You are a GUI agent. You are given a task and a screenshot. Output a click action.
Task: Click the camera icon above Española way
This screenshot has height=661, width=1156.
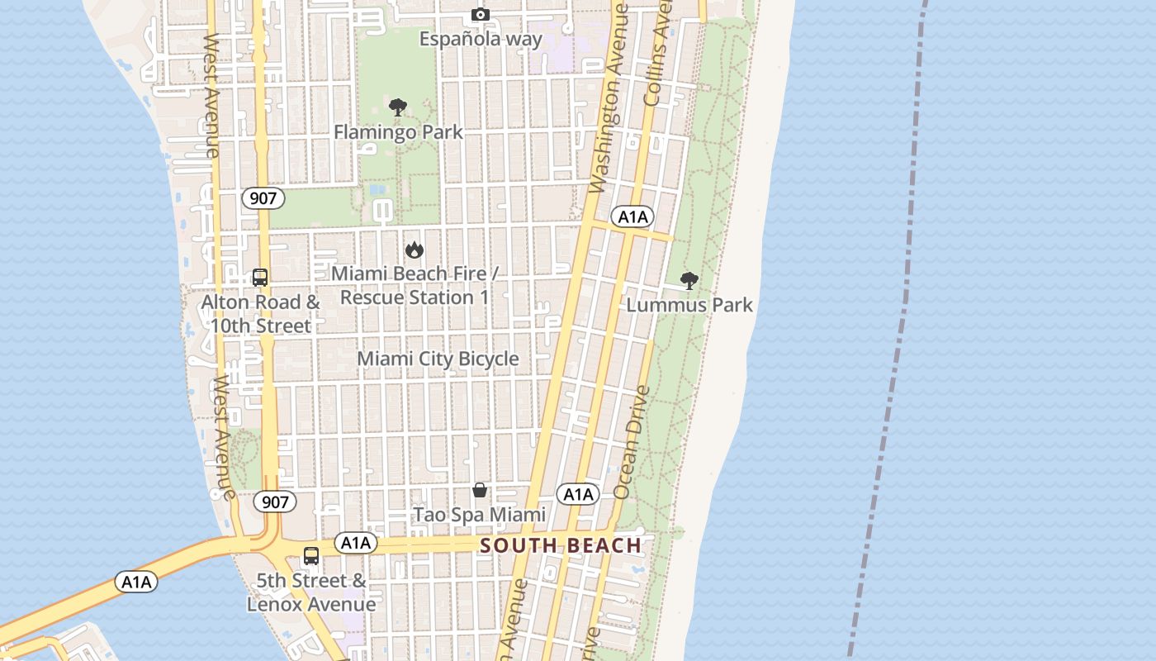coord(480,14)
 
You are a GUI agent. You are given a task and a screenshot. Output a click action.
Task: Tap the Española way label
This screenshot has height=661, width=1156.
coord(481,39)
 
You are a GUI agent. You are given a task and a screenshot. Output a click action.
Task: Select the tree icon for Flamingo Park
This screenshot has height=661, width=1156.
coord(398,107)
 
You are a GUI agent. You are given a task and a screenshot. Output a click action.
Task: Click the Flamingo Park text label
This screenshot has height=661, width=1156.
coord(398,132)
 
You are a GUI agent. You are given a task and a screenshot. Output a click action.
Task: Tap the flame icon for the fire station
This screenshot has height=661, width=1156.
coord(414,250)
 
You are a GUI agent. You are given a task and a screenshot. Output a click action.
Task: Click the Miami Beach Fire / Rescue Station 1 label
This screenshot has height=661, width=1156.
coord(415,285)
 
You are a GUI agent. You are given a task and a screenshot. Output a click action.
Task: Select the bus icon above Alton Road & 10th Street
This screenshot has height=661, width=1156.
coord(260,278)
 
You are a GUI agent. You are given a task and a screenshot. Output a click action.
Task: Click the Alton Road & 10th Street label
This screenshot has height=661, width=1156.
coord(260,314)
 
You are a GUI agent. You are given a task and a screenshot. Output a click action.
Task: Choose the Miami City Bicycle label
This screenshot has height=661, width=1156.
coord(438,359)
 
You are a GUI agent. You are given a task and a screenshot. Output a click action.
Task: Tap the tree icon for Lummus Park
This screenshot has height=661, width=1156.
coord(689,281)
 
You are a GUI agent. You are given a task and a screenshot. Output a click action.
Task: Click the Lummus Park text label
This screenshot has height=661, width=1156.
coord(689,305)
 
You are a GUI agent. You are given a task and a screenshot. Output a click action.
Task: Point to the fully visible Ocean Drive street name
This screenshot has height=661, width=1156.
coord(633,442)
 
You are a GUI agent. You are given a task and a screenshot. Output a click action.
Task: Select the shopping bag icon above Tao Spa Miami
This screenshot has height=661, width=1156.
coord(480,490)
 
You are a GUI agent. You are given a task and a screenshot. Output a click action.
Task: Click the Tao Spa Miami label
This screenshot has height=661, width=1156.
coord(480,515)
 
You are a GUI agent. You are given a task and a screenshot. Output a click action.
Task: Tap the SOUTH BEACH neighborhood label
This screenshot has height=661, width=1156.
coord(561,545)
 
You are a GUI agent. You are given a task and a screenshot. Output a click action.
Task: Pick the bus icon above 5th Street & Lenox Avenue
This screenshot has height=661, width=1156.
coord(311,556)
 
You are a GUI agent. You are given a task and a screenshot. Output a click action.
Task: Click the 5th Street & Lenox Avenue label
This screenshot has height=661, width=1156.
coord(311,592)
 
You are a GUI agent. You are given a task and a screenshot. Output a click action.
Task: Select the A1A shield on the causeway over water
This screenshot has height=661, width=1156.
coord(136,582)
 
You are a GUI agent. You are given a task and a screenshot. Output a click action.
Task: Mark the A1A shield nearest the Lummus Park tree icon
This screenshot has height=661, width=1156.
coord(632,217)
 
